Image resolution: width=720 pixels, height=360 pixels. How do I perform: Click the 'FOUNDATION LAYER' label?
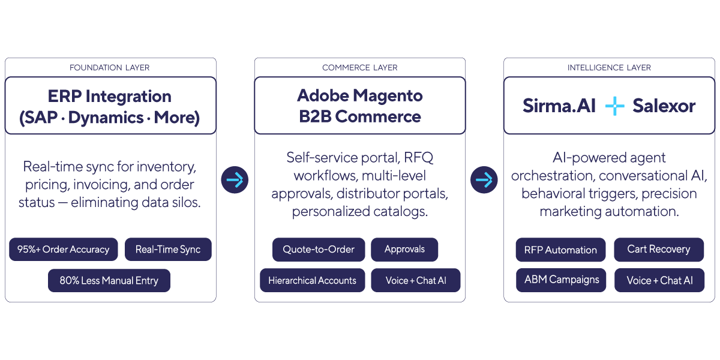coord(110,68)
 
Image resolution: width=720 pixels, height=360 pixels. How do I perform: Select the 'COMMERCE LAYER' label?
coord(359,68)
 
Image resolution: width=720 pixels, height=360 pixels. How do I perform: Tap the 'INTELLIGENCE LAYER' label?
coord(609,68)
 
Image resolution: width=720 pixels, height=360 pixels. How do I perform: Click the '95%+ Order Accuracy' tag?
coord(63,250)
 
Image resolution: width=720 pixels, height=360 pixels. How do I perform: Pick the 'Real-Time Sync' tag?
coord(168,250)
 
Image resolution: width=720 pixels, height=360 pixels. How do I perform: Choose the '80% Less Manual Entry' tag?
coord(109,281)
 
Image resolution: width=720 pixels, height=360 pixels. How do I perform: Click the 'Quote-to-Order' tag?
coord(319,250)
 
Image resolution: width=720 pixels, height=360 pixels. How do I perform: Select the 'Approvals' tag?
coord(404,250)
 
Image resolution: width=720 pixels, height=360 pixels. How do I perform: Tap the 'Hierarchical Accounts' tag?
coord(312,281)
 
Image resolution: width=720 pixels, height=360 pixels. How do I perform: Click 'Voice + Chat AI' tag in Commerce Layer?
coord(415,281)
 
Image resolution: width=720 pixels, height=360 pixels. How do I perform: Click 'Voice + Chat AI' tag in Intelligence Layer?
coord(659,281)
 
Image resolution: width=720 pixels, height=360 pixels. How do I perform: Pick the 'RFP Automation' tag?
coord(560,250)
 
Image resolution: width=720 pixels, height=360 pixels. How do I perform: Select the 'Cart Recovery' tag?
coord(658,250)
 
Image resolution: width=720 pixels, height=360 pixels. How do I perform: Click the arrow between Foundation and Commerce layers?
coord(235,179)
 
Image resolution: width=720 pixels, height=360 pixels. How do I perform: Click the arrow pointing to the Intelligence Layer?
coord(484,179)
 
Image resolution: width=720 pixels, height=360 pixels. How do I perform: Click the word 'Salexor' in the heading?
coord(664,107)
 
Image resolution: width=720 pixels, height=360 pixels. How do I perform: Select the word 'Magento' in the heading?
coord(388,96)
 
